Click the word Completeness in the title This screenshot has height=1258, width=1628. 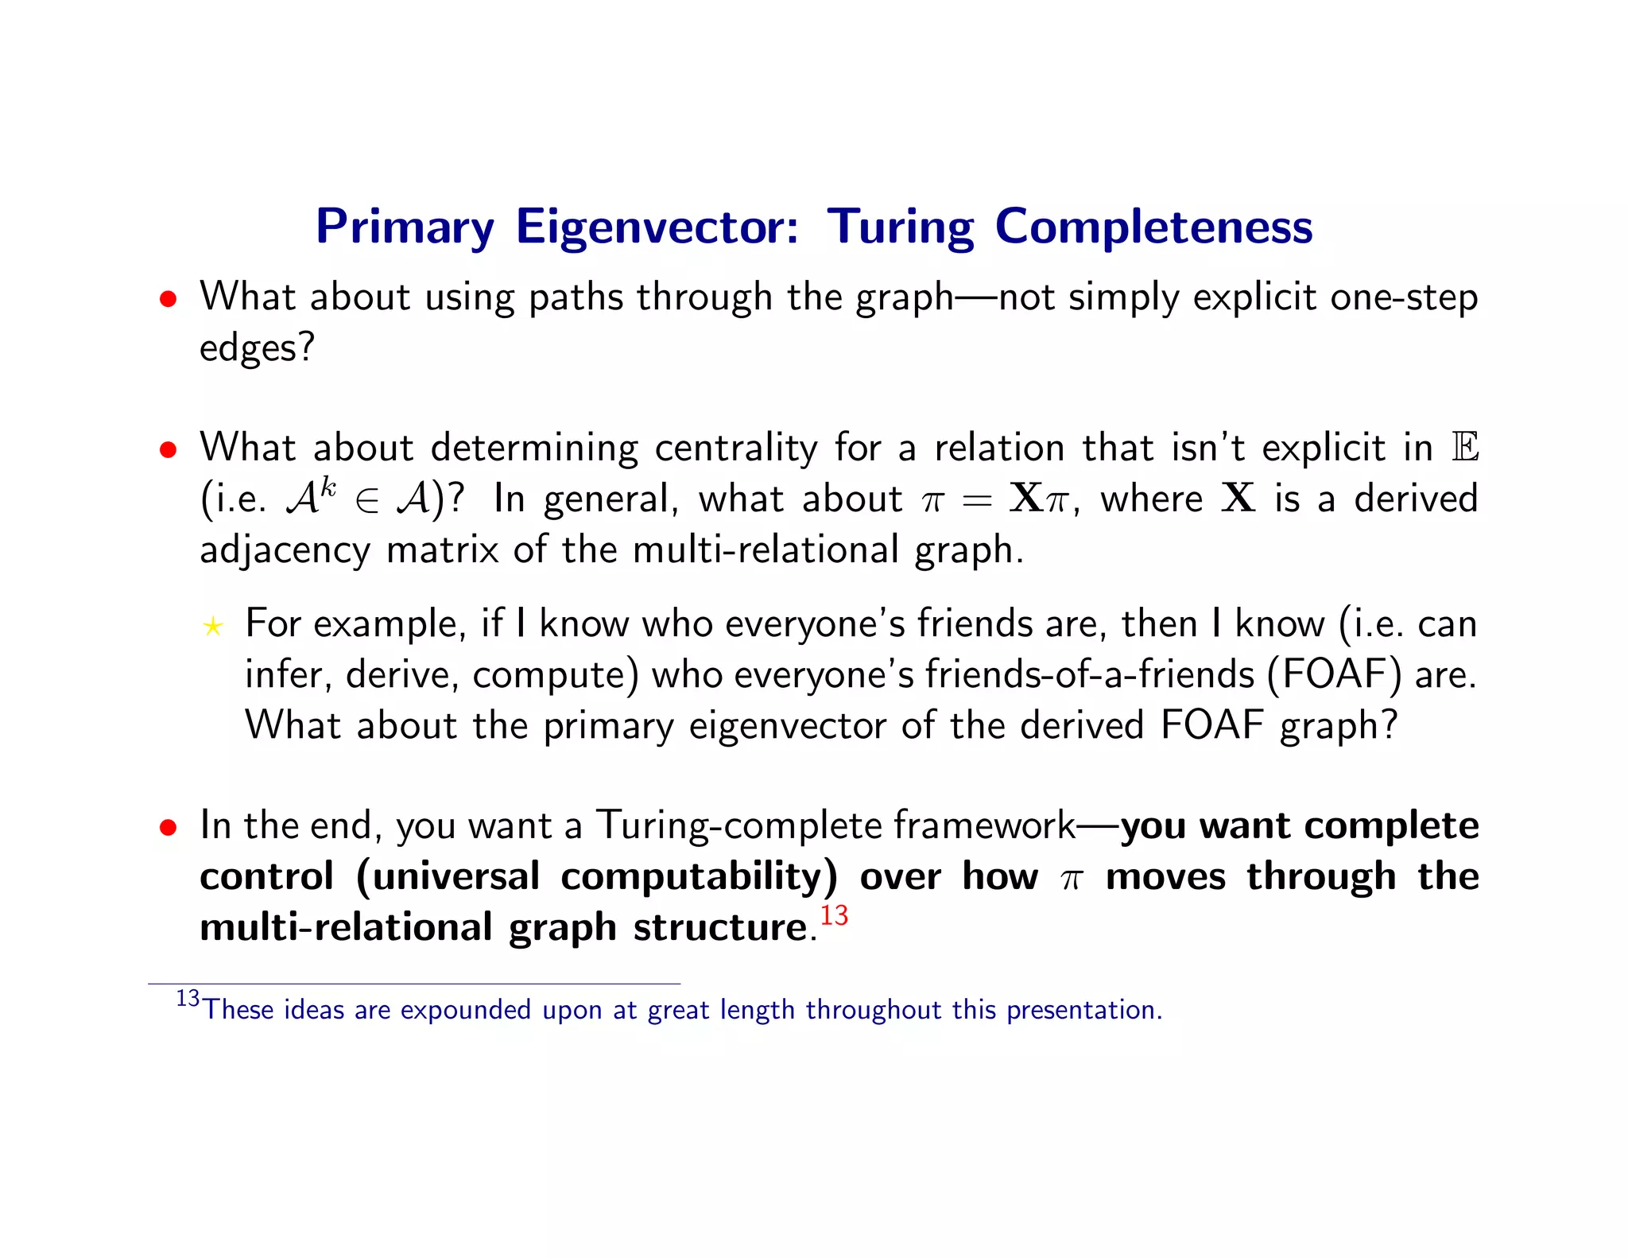click(1153, 227)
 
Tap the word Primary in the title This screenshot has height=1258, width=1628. click(405, 228)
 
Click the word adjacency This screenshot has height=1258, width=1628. click(285, 550)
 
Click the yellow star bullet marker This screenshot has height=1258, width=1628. click(212, 627)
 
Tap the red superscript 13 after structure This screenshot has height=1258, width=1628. click(834, 915)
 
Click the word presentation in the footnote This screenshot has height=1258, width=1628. click(1083, 1010)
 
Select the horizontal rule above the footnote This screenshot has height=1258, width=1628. click(413, 984)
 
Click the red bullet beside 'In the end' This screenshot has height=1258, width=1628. click(167, 828)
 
